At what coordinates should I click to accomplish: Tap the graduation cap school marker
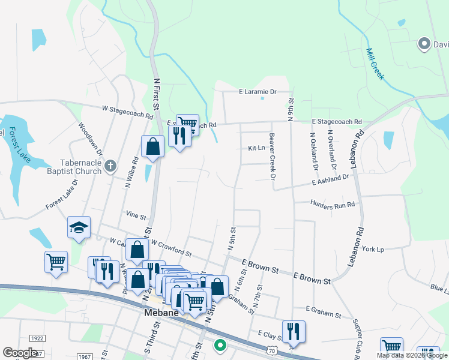79,227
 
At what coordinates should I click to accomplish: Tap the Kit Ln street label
256,148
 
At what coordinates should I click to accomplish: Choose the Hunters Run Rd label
333,204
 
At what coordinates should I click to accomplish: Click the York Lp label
372,249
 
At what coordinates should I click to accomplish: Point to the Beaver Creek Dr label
272,157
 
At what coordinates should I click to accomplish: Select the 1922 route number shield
37,338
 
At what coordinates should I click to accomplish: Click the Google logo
20,353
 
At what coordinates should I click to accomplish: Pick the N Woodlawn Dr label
90,139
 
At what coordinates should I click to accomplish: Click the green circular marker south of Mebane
220,345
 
